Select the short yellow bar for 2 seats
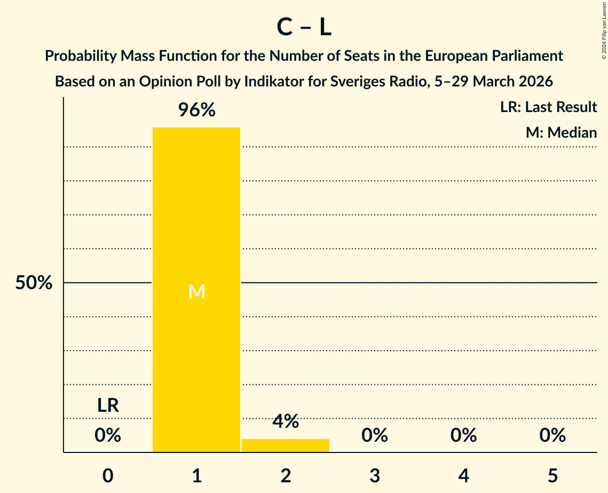tap(286, 446)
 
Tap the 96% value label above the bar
tap(196, 110)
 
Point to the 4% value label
tap(286, 422)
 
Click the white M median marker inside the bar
tap(196, 291)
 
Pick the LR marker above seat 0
tap(108, 405)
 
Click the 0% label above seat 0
tap(108, 435)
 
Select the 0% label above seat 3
tap(375, 435)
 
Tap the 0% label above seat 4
tap(463, 435)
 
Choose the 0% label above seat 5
tap(552, 435)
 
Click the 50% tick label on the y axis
tap(34, 283)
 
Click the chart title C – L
tap(304, 27)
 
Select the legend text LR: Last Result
tap(548, 107)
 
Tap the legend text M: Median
tap(561, 132)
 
